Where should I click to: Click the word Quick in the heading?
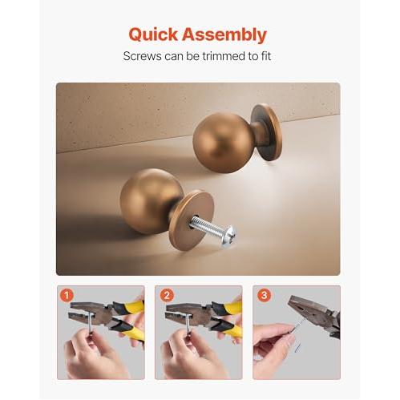[x=153, y=34]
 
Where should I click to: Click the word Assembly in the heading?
[x=224, y=34]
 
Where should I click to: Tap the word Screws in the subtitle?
[x=142, y=56]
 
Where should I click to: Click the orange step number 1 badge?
[x=67, y=296]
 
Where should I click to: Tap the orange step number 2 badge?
[x=167, y=296]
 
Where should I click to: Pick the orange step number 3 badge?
[x=264, y=295]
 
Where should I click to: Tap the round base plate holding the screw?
[x=191, y=220]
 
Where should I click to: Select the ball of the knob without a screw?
[x=223, y=142]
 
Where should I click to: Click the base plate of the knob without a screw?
[x=267, y=132]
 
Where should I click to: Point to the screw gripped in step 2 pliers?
[x=189, y=325]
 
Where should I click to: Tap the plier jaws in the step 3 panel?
[x=307, y=307]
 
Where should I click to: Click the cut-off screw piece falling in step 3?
[x=297, y=348]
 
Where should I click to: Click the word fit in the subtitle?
[x=265, y=56]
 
